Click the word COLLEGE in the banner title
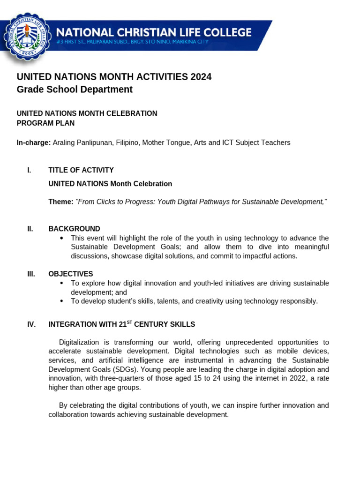223,32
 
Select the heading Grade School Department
75,90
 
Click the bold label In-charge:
34,142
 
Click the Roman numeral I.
29,170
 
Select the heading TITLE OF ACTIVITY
81,170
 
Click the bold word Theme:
61,202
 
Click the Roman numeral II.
30,229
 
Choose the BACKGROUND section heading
74,229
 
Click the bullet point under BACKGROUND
62,238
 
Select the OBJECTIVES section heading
71,274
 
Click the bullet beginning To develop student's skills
62,301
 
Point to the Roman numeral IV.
31,324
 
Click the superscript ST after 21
130,322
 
